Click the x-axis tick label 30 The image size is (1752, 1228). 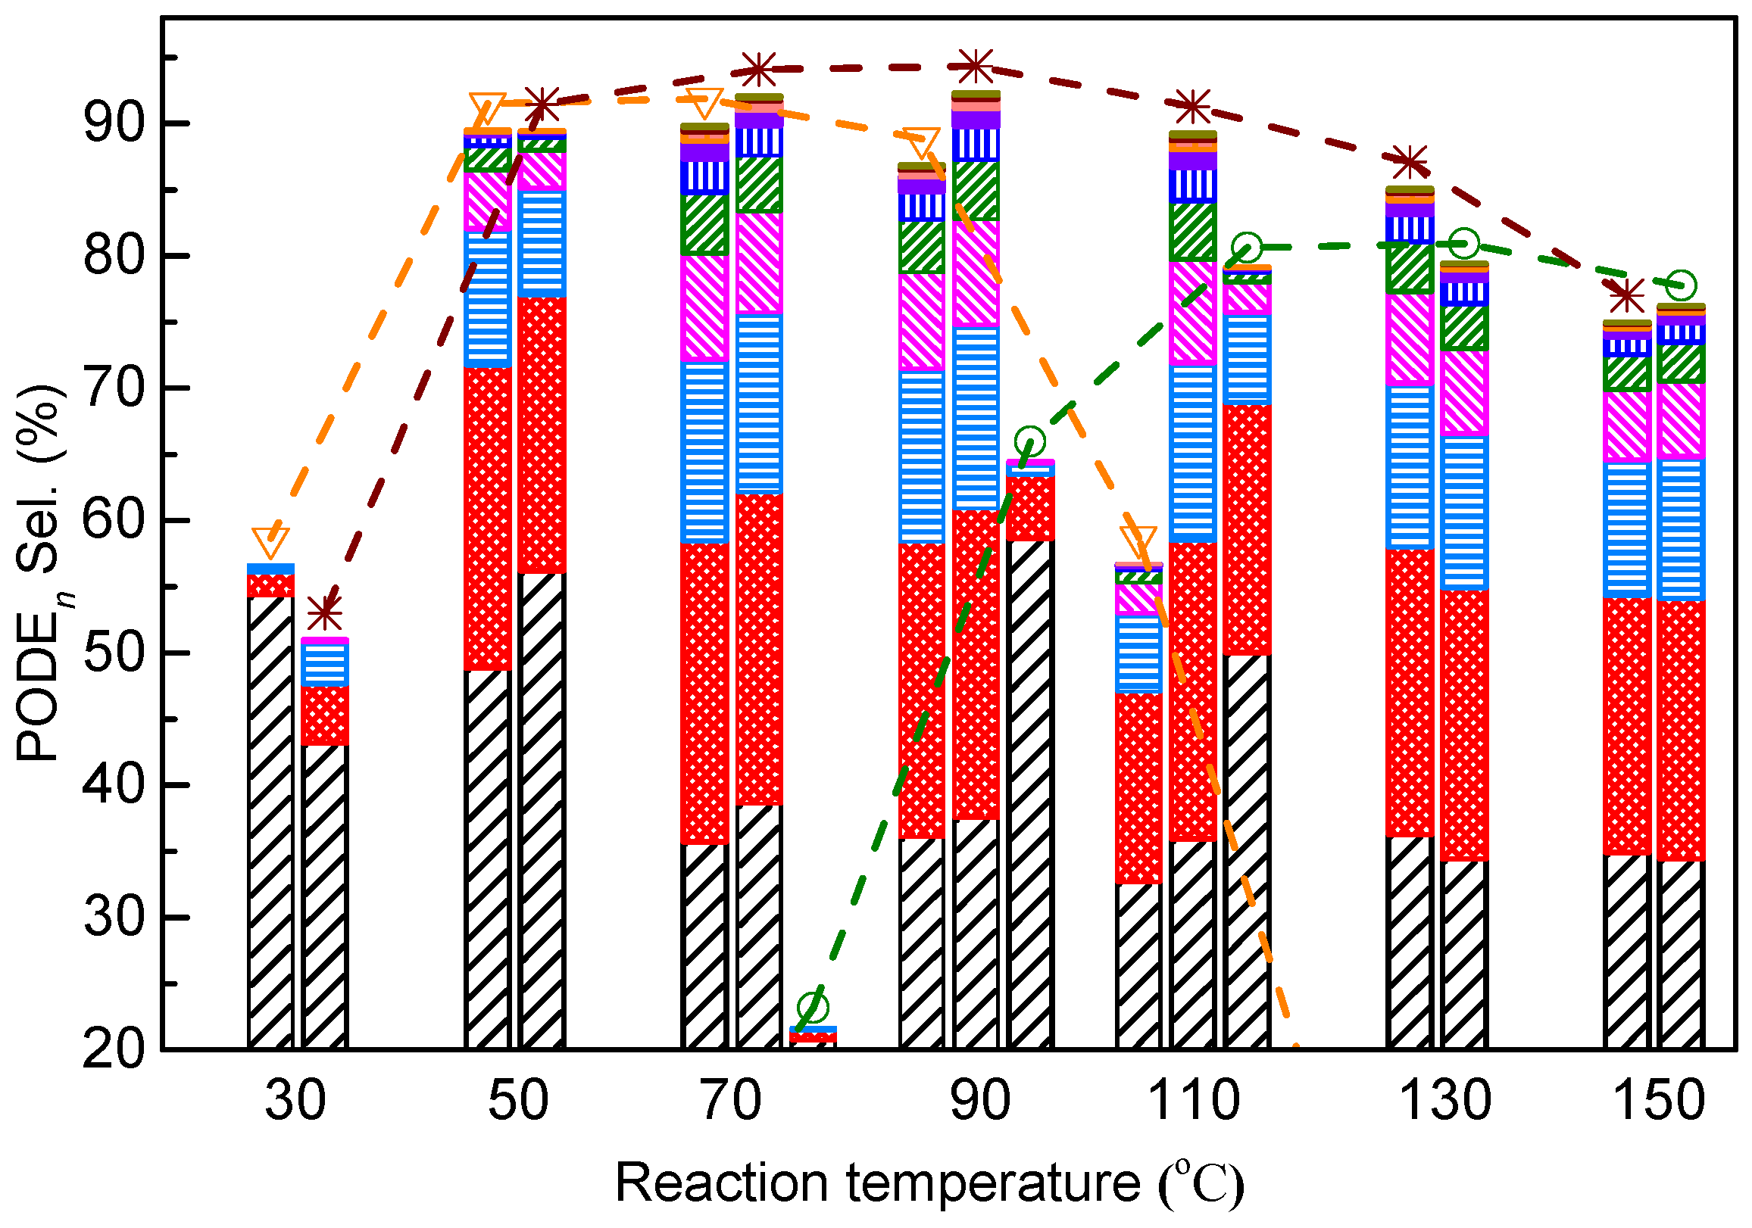pos(295,1101)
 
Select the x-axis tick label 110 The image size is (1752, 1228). pos(1195,1101)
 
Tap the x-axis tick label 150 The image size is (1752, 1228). pos(1659,1101)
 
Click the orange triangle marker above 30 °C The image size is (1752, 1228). pos(270,542)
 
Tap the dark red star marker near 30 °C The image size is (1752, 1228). pos(325,612)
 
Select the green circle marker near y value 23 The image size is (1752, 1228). pos(814,1008)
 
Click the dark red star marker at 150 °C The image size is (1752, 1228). pos(1626,296)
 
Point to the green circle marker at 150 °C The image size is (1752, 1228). pos(1682,285)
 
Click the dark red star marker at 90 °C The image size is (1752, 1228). pos(976,67)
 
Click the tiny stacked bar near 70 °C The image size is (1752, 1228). pos(814,1036)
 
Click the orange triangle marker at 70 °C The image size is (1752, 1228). pos(704,103)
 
